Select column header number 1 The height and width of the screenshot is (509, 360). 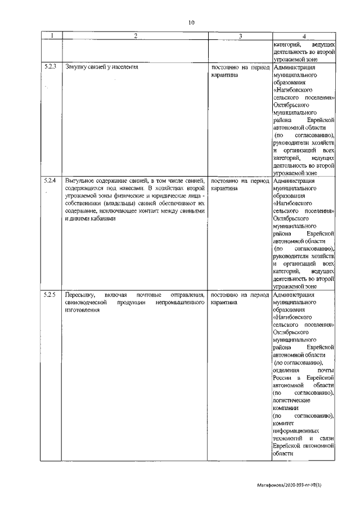[52, 36]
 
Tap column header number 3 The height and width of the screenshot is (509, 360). [240, 36]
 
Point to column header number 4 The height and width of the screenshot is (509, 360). [304, 36]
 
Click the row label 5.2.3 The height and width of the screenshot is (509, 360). [51, 67]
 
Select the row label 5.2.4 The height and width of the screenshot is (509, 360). [51, 181]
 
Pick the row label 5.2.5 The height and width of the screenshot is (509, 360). [51, 295]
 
